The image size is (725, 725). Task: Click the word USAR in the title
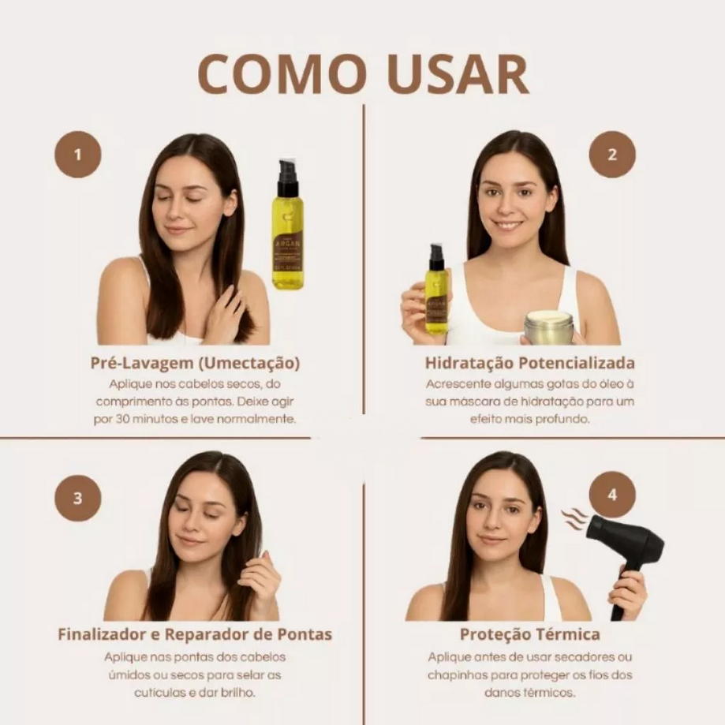(x=458, y=74)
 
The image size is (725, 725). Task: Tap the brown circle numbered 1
(x=77, y=155)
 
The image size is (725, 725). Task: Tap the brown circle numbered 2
(x=612, y=155)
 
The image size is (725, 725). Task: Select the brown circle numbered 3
(x=77, y=498)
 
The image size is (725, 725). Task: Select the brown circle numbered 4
(x=612, y=495)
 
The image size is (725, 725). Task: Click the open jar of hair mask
(x=549, y=327)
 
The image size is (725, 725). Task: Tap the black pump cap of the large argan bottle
(x=287, y=178)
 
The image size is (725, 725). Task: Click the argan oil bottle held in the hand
(x=436, y=289)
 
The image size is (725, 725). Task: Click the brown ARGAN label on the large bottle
(x=287, y=253)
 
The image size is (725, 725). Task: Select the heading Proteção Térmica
(x=530, y=634)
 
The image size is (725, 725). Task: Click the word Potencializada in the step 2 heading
(x=576, y=363)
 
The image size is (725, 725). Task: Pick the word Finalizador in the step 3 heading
(x=103, y=634)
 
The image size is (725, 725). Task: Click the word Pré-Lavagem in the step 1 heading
(x=142, y=364)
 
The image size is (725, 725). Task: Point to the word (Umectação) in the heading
(x=249, y=364)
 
